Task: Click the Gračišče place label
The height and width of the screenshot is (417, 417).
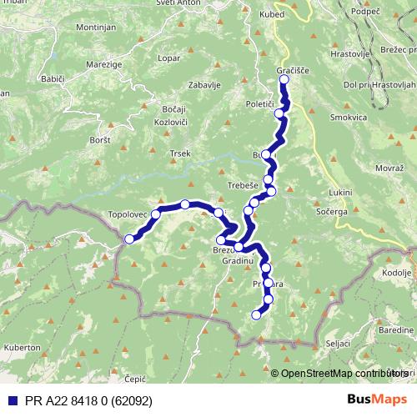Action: pos(293,71)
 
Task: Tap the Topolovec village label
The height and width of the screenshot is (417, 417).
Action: pos(128,214)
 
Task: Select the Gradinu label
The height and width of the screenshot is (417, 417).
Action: pos(238,261)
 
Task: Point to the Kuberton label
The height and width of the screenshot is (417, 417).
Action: pos(21,346)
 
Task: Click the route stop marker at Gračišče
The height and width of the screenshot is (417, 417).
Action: pos(284,80)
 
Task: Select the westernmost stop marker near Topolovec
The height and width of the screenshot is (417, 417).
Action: pos(128,240)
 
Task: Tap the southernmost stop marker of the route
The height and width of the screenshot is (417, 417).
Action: pos(256,314)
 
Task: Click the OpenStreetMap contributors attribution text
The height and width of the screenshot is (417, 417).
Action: pos(340,374)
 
